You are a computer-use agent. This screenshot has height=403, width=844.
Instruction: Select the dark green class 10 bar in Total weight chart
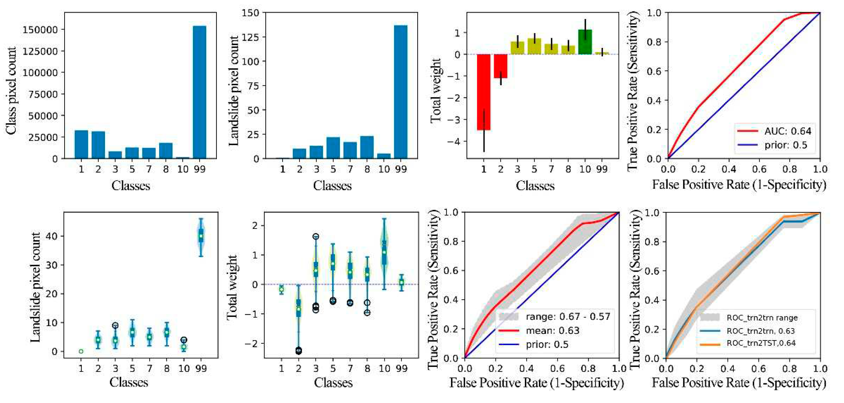[585, 42]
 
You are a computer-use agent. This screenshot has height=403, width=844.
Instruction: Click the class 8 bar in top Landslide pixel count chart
[367, 147]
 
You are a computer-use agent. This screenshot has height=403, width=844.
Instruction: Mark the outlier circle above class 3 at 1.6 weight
[316, 236]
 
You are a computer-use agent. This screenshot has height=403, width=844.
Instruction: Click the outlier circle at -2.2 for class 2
[298, 351]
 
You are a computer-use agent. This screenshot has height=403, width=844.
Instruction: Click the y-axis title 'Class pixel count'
[11, 90]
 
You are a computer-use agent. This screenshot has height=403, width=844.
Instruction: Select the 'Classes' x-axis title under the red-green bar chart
[535, 186]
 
